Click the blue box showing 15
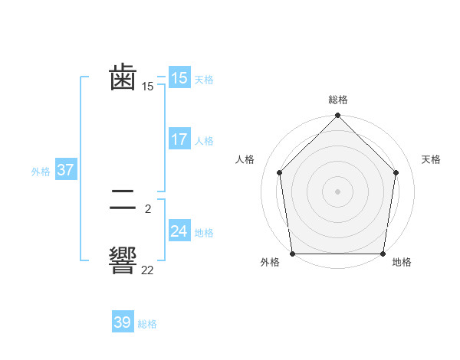(179, 78)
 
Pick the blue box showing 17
(179, 139)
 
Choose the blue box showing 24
(179, 231)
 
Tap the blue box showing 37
(65, 170)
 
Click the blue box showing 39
(122, 322)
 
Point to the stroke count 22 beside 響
(147, 270)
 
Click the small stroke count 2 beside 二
(147, 208)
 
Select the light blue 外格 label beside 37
(41, 172)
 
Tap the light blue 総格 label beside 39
(147, 324)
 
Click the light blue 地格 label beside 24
(204, 233)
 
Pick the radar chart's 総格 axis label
(338, 100)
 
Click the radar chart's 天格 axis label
(431, 159)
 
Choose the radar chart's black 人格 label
(245, 159)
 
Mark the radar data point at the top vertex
(338, 116)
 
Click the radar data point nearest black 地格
(383, 254)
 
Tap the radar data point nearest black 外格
(293, 254)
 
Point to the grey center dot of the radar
(338, 191)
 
